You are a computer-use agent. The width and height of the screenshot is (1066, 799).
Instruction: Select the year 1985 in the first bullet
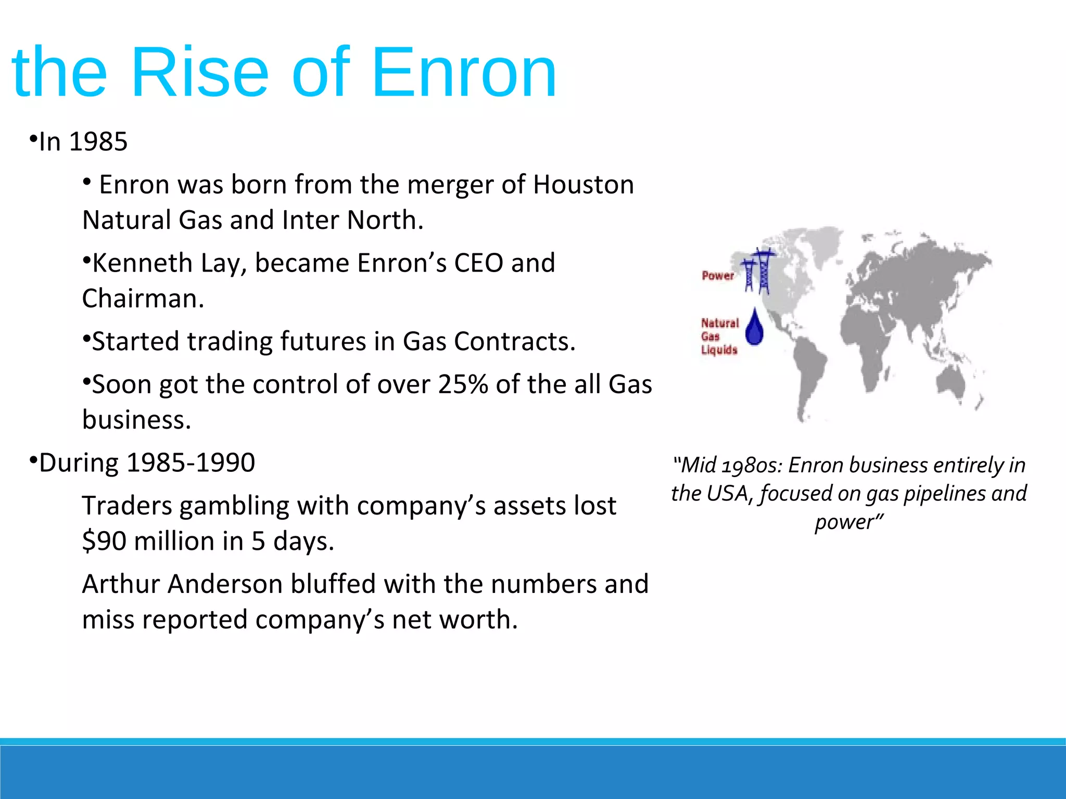[98, 142]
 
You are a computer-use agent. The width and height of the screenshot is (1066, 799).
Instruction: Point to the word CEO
[478, 263]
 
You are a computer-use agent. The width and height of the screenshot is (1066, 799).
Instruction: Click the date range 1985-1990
[191, 463]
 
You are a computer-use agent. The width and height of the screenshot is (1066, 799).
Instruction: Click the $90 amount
[104, 542]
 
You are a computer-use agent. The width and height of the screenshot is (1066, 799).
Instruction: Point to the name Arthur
[121, 584]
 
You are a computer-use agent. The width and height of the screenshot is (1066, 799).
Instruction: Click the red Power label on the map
[717, 276]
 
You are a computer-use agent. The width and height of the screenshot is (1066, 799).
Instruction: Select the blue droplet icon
[754, 328]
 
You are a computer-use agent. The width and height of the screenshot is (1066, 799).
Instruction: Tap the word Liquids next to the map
[719, 350]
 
